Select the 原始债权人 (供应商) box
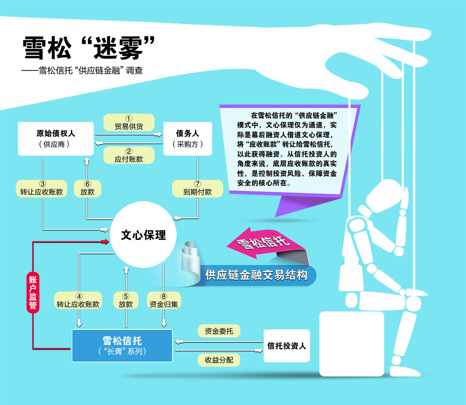56,138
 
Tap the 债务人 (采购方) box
188,138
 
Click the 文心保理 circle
143,235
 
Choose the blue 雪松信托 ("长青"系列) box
122,345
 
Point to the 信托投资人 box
286,346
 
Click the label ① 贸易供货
129,123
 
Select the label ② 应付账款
129,155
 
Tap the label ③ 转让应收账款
41,188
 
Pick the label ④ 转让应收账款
78,300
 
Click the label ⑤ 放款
126,300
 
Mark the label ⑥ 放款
88,188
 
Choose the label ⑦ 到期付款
198,188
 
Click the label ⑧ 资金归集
164,300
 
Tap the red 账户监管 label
33,292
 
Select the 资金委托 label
219,331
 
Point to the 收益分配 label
219,360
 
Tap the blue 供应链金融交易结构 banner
256,275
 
